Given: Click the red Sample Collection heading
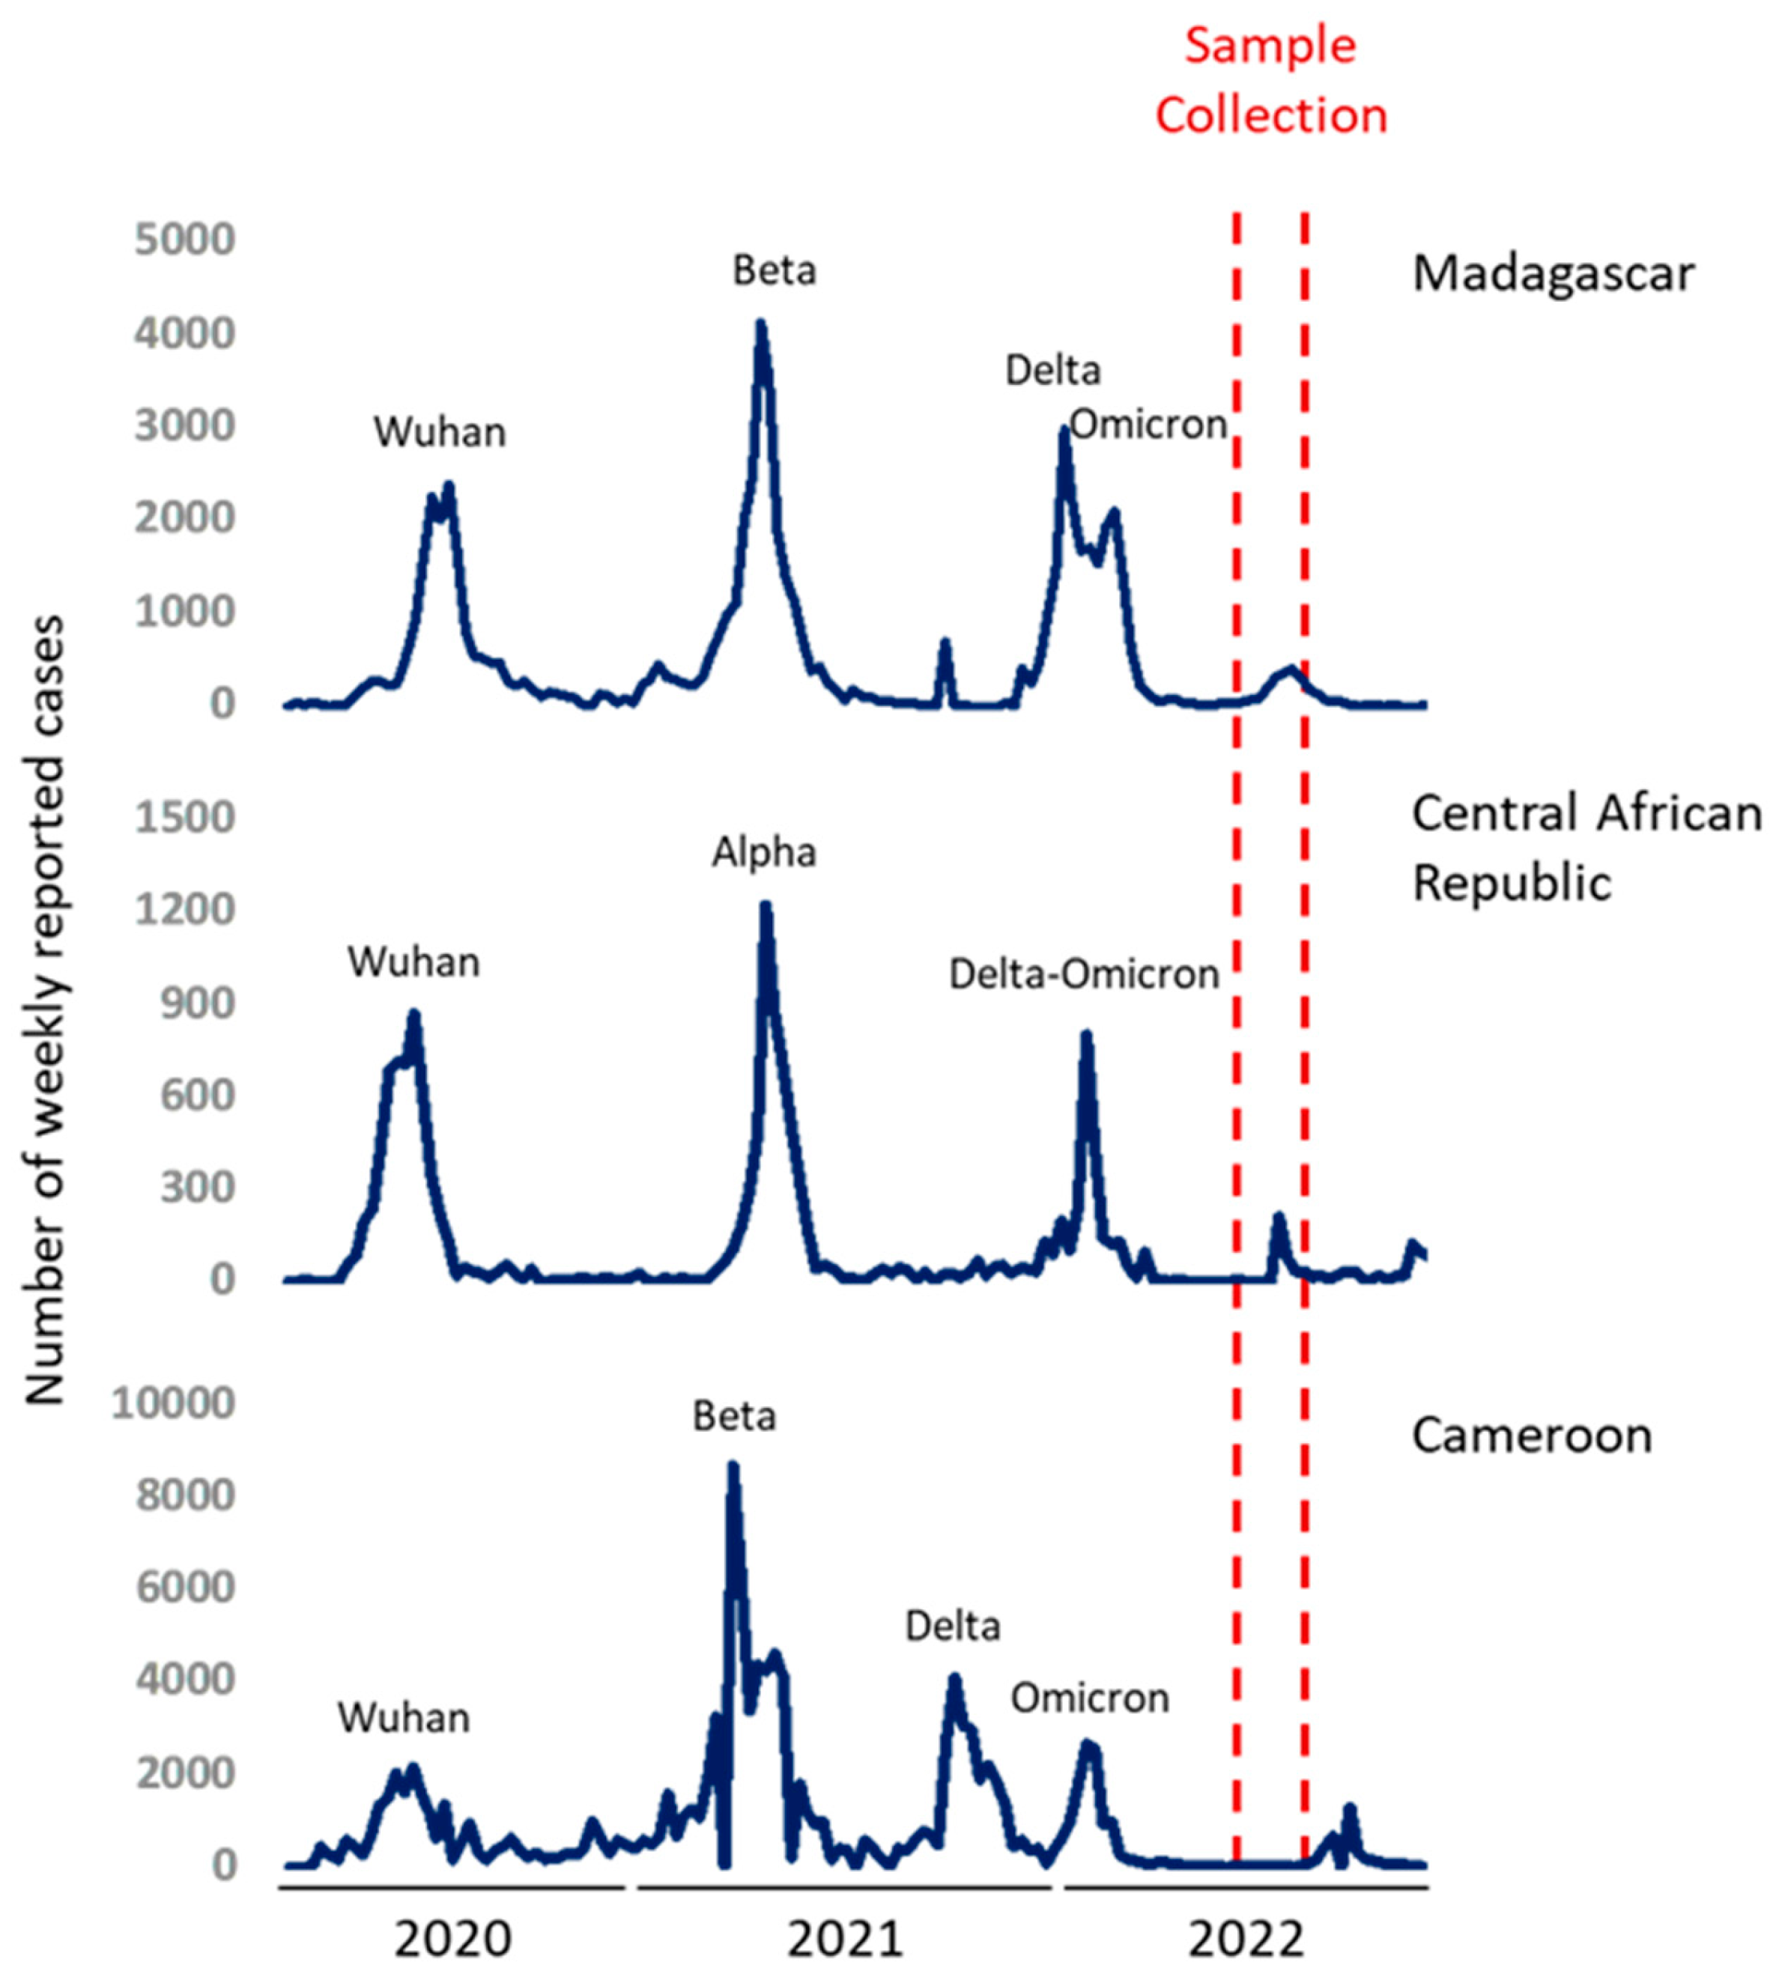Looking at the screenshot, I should pos(1270,80).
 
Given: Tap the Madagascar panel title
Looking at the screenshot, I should pos(1552,273).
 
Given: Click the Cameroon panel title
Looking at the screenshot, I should pos(1531,1436).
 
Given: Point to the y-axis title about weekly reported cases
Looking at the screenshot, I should pos(45,1012).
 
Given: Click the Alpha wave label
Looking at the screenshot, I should pos(763,853).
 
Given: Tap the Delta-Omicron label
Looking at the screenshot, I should pos(1084,974).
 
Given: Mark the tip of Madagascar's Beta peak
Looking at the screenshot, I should pos(760,324).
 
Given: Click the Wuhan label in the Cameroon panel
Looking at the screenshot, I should pos(404,1718).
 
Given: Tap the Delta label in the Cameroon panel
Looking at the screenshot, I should pos(952,1627).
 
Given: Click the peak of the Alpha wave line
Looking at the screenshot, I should pos(766,906).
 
